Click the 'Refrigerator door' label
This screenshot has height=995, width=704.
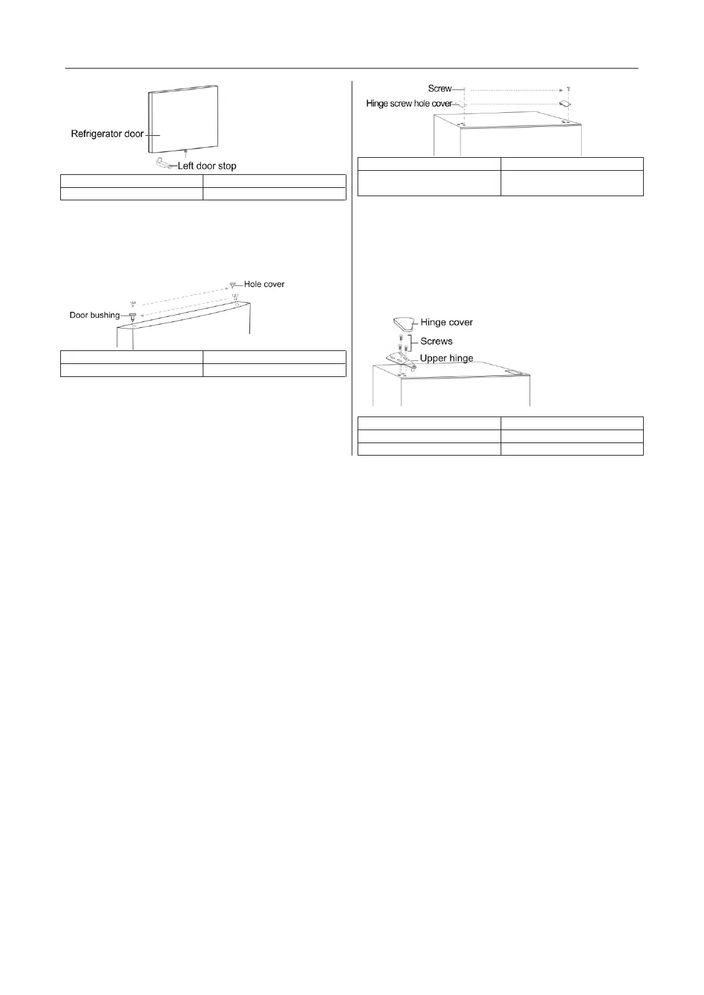pos(107,134)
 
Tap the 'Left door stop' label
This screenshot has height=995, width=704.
pos(207,166)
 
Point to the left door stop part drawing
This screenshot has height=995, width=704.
pos(165,163)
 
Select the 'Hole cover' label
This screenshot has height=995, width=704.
pos(264,284)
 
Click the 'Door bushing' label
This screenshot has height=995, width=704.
pos(95,315)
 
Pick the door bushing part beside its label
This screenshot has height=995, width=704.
pos(132,317)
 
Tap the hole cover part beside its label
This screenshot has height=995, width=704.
pos(233,285)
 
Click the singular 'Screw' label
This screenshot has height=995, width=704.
pos(440,89)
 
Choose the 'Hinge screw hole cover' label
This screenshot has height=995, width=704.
pos(409,103)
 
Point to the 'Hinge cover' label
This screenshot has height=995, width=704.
pos(446,323)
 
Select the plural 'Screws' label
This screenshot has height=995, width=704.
pos(436,341)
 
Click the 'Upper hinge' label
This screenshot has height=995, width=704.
pos(446,358)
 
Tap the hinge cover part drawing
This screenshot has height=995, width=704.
pos(404,324)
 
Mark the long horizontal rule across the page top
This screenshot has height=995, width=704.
pos(351,69)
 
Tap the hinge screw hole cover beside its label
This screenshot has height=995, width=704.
pos(463,105)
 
